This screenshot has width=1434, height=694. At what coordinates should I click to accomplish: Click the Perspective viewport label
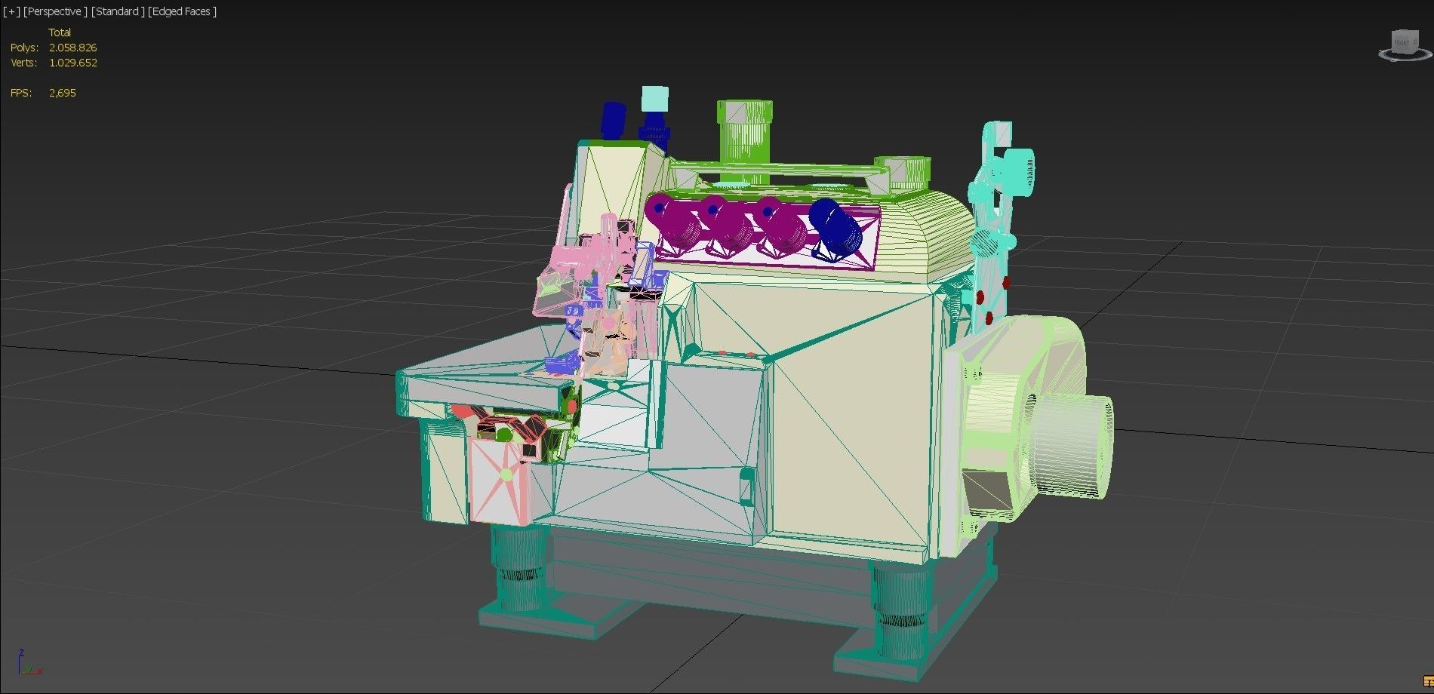click(54, 11)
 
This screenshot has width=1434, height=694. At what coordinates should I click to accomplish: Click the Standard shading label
click(117, 11)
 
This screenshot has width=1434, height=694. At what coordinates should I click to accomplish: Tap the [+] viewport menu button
click(11, 11)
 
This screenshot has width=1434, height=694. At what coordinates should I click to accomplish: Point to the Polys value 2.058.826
click(72, 48)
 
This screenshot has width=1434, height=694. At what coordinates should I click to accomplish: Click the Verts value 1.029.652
click(72, 63)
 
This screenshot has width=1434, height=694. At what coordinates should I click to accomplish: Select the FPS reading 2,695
click(62, 93)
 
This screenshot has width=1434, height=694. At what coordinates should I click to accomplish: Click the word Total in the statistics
click(60, 32)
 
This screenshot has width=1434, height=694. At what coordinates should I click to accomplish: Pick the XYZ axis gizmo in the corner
click(29, 664)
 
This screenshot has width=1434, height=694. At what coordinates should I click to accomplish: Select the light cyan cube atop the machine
click(654, 99)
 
